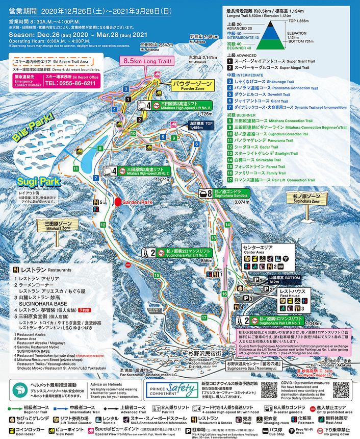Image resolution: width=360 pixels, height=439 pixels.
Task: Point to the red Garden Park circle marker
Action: [118, 202]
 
